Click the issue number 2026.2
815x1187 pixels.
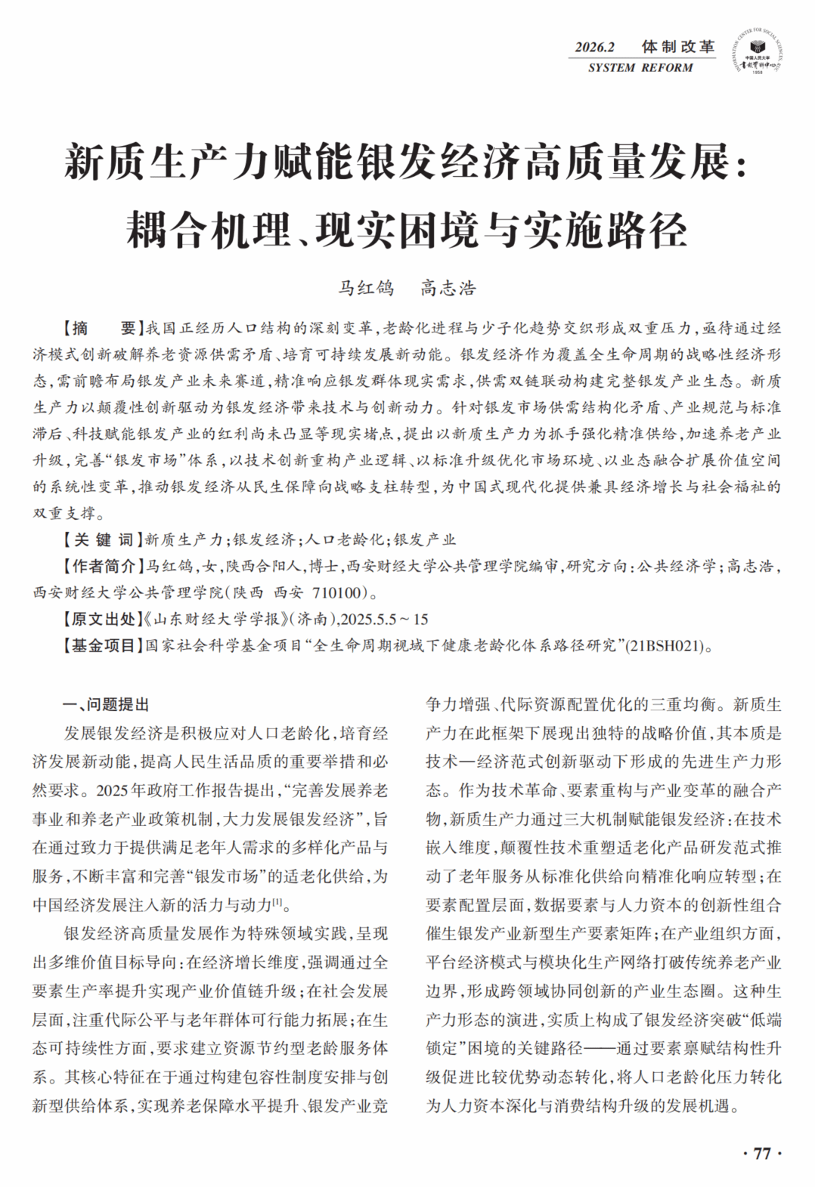(595, 47)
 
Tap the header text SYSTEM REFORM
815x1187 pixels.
(640, 68)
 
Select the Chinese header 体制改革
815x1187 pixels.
(678, 47)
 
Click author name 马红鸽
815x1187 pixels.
(366, 288)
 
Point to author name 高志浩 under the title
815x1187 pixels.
(448, 288)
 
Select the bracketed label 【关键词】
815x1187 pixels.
(98, 539)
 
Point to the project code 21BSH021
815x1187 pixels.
(665, 646)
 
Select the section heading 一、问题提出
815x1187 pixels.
(106, 705)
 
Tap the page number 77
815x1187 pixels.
(761, 1153)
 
